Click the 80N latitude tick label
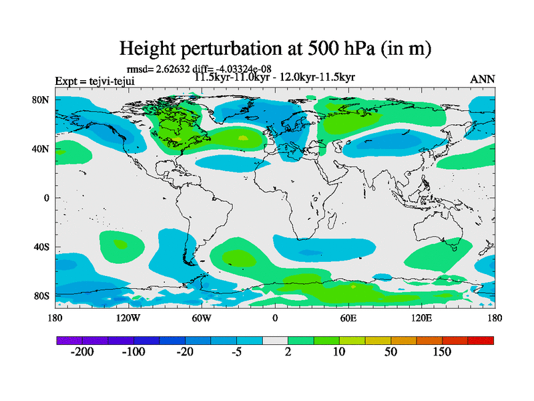click(41, 100)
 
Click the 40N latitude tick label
click(41, 148)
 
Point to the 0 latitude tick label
click(47, 198)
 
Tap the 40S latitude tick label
click(42, 247)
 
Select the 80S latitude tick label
click(42, 295)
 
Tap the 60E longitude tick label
click(348, 317)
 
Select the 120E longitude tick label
click(421, 317)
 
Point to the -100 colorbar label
click(133, 352)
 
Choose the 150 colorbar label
click(443, 352)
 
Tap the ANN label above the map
click(483, 79)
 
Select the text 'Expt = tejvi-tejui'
click(94, 82)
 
